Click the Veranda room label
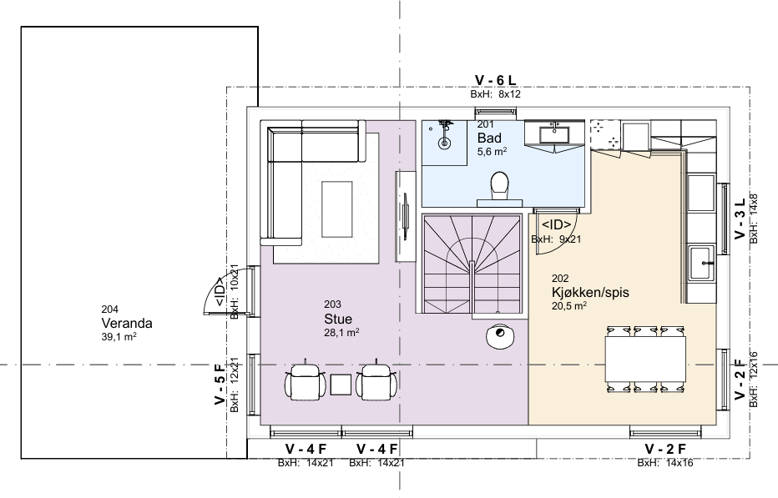coord(127,324)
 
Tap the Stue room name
coord(338,319)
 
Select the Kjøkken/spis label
coord(590,292)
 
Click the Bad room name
coord(489,138)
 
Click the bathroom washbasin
coord(555,134)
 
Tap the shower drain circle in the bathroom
coord(445,143)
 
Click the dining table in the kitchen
coord(645,360)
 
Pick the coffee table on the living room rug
coord(337,209)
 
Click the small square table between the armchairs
coord(341,385)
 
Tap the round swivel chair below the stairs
coord(500,336)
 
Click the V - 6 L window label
coord(495,80)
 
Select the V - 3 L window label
coord(740,219)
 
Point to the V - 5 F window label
coord(220,384)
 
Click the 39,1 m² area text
coord(119,337)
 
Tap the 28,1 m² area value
coord(342,332)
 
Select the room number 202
coord(560,279)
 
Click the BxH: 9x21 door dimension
coord(556,239)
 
